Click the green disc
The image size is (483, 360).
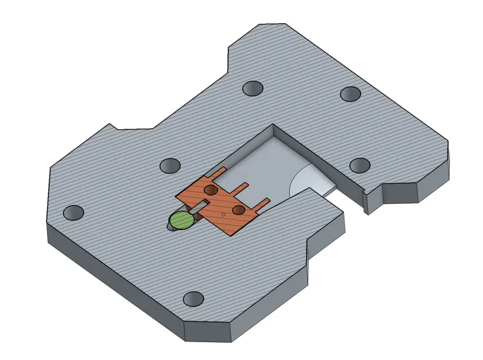pos(182,219)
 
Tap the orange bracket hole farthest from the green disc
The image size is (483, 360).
pos(238,209)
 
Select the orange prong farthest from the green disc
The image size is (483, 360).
pos(262,202)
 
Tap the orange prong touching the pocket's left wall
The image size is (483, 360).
pos(219,172)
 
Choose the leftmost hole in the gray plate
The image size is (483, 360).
pos(74,213)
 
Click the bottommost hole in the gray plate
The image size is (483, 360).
pos(193,299)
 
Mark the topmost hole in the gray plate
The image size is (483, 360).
pos(252,88)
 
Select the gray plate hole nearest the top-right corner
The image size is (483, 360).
pos(350,93)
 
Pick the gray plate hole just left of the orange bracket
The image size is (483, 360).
pos(170,166)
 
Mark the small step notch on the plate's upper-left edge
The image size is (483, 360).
pos(113,126)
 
